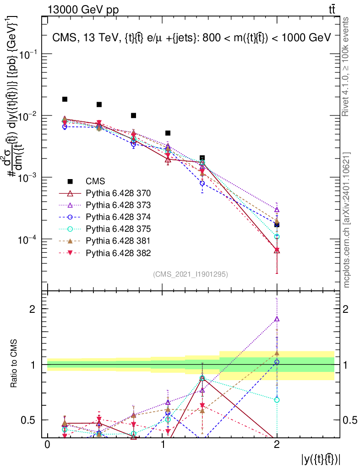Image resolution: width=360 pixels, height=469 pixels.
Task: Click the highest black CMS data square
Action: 65,99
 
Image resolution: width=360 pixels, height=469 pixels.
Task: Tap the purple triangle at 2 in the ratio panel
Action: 277,319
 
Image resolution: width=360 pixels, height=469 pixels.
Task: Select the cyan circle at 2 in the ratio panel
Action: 277,400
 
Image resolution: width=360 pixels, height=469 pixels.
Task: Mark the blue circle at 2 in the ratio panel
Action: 277,362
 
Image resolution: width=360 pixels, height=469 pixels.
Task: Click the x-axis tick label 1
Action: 162,445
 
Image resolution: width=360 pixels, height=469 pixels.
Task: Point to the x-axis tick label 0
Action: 47,445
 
